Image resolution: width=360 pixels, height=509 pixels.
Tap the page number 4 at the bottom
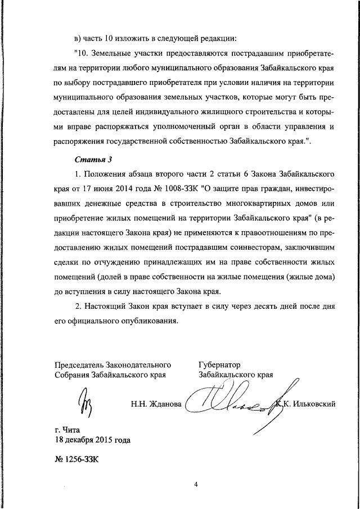(x=196, y=483)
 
